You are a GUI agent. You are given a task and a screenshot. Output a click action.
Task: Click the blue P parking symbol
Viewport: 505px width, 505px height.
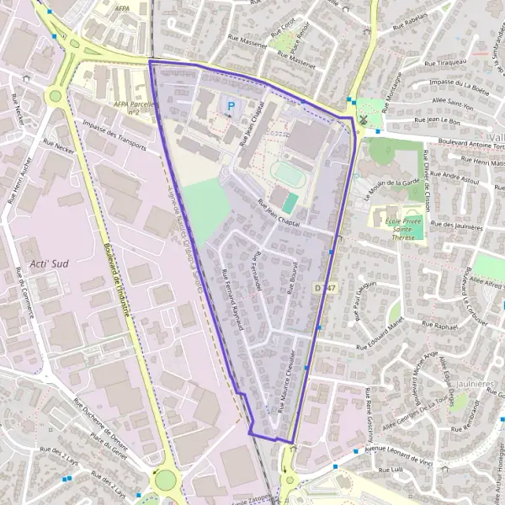pyautogui.click(x=230, y=104)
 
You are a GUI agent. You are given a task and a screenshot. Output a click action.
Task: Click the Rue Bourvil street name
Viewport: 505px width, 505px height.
pyautogui.click(x=290, y=276)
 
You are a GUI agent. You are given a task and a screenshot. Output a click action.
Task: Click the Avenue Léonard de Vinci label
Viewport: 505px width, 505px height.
pyautogui.click(x=398, y=450)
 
